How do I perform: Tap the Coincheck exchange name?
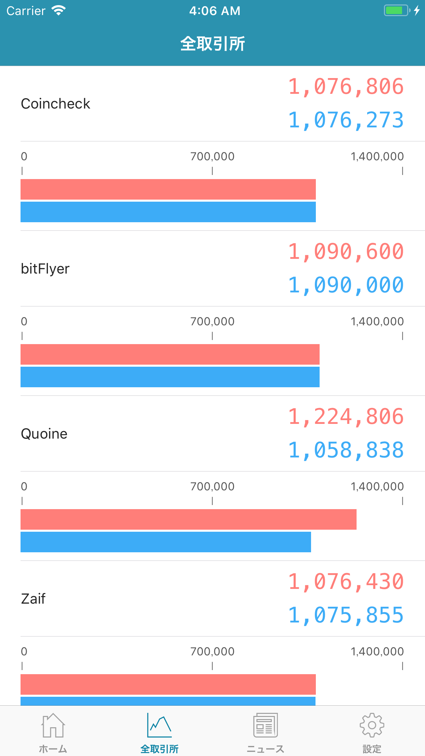pyautogui.click(x=55, y=104)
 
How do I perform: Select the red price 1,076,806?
pyautogui.click(x=346, y=86)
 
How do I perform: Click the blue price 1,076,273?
pyautogui.click(x=346, y=120)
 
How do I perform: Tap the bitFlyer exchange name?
pyautogui.click(x=45, y=269)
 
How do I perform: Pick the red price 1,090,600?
pyautogui.click(x=346, y=252)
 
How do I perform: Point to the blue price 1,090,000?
pyautogui.click(x=346, y=285)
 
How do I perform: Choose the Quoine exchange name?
pyautogui.click(x=44, y=434)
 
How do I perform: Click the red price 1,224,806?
pyautogui.click(x=346, y=417)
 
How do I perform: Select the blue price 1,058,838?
pyautogui.click(x=346, y=450)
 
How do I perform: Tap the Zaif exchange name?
pyautogui.click(x=33, y=599)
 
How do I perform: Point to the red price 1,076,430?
pyautogui.click(x=346, y=582)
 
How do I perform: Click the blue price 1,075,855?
pyautogui.click(x=346, y=615)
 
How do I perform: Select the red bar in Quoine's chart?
pyautogui.click(x=188, y=519)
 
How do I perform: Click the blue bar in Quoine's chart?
pyautogui.click(x=166, y=542)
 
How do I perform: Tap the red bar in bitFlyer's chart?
pyautogui.click(x=170, y=354)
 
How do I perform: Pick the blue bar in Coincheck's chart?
pyautogui.click(x=168, y=212)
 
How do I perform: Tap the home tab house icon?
pyautogui.click(x=53, y=725)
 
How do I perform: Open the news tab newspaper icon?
pyautogui.click(x=265, y=725)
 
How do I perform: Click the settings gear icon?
pyautogui.click(x=372, y=725)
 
